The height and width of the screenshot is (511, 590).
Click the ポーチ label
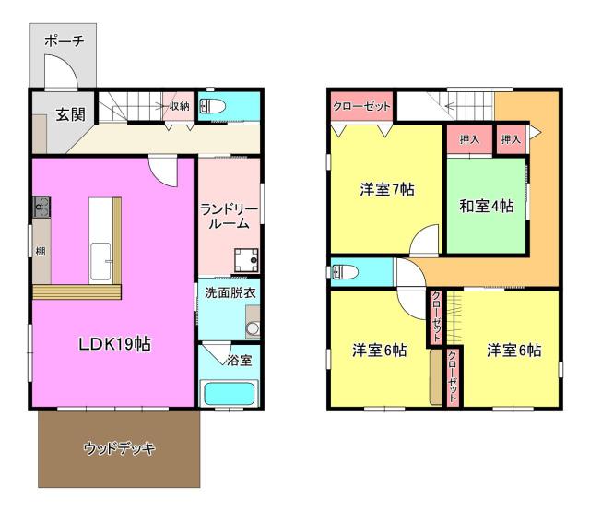64,41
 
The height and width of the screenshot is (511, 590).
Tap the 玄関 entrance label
70,114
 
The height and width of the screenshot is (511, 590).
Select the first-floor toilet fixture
212,106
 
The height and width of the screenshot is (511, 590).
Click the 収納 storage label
179,106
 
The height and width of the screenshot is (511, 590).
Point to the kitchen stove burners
41,207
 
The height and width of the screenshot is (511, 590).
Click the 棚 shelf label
41,251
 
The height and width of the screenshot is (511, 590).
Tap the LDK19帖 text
114,344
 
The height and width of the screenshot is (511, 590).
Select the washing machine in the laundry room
246,260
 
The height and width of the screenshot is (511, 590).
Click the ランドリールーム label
229,217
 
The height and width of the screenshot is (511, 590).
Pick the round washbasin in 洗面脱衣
253,328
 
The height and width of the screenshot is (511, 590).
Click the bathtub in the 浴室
229,394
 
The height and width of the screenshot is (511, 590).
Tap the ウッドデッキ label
119,448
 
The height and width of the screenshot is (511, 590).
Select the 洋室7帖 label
387,189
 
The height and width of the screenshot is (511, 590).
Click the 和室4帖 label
487,206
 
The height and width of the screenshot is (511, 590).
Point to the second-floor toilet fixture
344,272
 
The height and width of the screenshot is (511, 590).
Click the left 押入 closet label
469,139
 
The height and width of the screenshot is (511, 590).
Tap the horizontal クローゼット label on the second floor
361,107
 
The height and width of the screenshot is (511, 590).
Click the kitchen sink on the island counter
100,261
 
